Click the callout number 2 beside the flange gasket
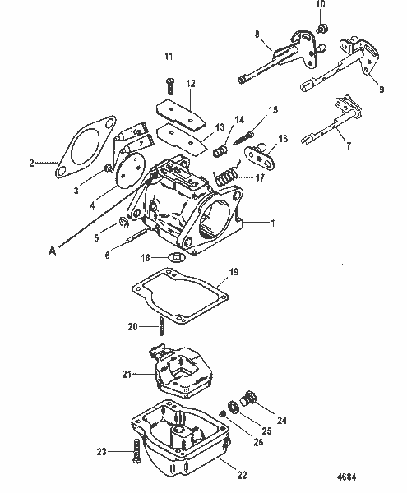click(32, 163)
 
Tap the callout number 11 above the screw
click(169, 56)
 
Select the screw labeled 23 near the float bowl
click(134, 451)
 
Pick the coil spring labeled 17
click(224, 175)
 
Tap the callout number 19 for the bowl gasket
click(234, 271)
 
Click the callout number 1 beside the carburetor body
click(273, 222)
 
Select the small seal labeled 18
click(174, 259)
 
